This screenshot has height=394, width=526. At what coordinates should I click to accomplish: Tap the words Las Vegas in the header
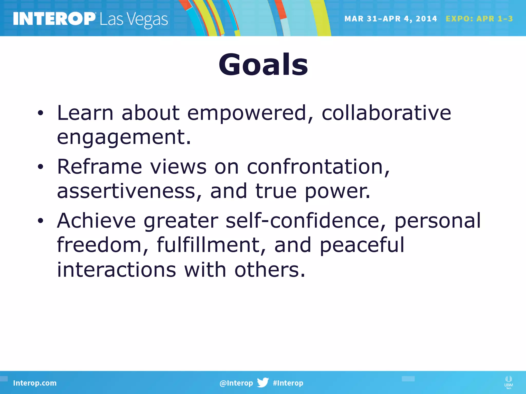coord(134,20)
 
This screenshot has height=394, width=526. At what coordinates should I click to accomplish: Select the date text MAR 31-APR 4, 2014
coord(390,19)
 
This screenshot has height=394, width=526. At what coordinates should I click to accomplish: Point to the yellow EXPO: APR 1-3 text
coord(479,19)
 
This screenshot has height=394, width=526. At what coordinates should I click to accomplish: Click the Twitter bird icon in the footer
coord(263,382)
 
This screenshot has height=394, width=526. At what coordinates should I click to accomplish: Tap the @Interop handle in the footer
coord(236,383)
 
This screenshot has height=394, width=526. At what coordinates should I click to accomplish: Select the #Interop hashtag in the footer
coord(288,383)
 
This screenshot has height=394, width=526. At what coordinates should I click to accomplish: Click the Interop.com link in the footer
coord(35,383)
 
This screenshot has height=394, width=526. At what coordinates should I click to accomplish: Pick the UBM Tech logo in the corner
coord(508,382)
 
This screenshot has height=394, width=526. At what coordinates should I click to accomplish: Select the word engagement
coord(124,138)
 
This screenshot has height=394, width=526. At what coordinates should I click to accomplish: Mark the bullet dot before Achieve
coord(40,221)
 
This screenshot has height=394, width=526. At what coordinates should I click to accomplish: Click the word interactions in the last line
coord(116,270)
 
